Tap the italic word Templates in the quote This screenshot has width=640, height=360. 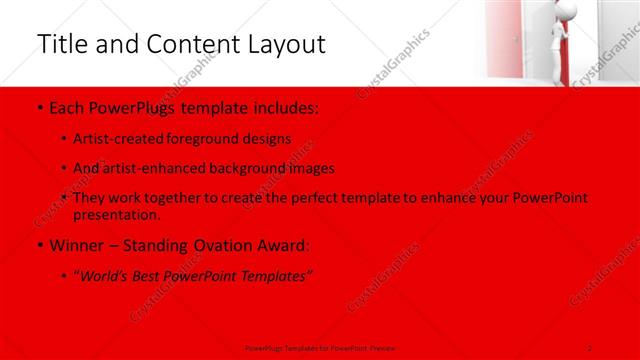click(276, 276)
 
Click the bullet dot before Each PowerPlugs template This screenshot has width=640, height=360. click(38, 108)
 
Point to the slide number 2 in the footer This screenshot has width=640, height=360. click(590, 347)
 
